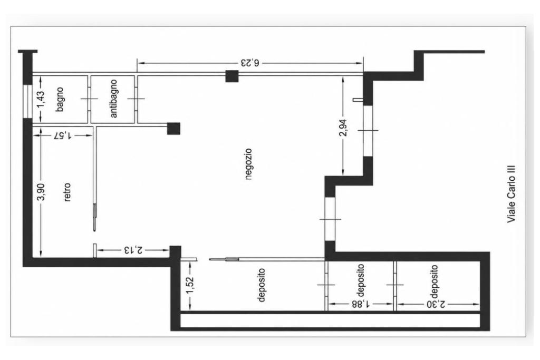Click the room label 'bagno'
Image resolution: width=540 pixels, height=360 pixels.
60,99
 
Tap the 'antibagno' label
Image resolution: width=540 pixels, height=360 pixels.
113,99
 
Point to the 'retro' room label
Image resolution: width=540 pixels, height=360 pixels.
67,192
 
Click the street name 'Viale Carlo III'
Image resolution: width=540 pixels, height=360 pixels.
512,193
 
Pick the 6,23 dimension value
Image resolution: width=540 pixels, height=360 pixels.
249,63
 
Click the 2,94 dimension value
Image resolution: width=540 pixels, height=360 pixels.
343,128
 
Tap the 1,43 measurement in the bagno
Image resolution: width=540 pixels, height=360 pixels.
41,99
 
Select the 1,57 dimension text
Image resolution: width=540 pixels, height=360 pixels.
62,135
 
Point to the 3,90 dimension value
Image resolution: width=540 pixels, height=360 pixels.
41,192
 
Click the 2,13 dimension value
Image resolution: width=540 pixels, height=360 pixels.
133,249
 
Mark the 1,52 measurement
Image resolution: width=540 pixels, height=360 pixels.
190,285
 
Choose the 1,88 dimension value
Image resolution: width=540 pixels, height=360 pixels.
361,304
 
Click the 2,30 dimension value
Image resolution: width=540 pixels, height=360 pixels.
436,304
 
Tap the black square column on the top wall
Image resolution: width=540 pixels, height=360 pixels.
232,76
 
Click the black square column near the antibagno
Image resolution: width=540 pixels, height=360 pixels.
173,129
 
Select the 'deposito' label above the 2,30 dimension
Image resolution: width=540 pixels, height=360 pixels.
435,281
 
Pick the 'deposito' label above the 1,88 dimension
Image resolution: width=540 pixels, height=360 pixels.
360,280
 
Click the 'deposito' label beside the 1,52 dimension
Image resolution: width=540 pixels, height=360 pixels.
262,285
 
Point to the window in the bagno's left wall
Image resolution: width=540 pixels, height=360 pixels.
27,101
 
